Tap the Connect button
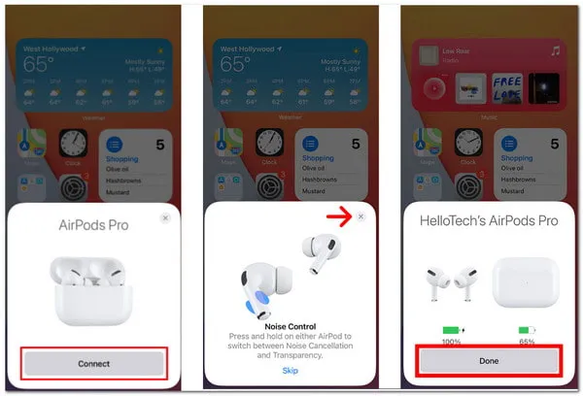click(x=94, y=363)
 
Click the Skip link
click(x=290, y=371)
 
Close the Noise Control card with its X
click(x=361, y=216)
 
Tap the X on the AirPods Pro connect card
click(x=165, y=218)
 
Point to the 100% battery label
click(x=452, y=343)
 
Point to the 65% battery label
click(x=527, y=343)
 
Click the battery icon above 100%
click(x=454, y=330)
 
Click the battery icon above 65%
click(x=527, y=330)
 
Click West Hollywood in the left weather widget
click(x=51, y=47)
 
